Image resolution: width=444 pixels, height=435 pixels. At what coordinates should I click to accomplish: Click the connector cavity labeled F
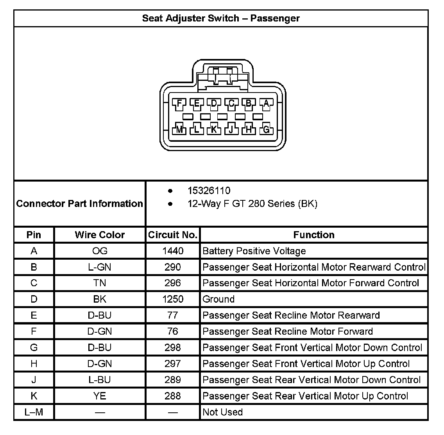(x=179, y=103)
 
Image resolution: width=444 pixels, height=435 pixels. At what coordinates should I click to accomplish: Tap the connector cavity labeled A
(x=266, y=103)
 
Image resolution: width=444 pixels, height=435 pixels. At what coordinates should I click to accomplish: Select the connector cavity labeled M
(x=179, y=129)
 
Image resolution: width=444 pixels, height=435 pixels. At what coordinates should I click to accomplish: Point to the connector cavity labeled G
(x=266, y=129)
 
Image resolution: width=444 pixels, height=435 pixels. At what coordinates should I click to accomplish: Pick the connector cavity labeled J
(x=231, y=129)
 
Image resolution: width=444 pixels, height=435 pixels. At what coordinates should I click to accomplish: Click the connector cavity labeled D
(x=214, y=103)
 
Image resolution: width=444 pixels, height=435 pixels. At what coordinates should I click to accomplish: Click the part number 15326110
(x=209, y=191)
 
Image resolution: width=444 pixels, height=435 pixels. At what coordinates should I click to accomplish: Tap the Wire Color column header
(x=100, y=235)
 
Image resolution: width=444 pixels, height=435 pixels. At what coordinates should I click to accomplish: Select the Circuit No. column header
(x=172, y=235)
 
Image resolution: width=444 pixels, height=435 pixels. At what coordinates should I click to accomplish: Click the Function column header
(x=314, y=235)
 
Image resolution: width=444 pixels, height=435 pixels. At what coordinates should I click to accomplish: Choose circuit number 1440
(x=172, y=251)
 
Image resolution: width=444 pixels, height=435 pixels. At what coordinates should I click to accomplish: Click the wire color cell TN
(x=100, y=283)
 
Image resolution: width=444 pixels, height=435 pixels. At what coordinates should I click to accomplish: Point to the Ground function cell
(x=218, y=299)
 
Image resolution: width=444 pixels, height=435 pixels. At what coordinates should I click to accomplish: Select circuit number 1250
(x=172, y=299)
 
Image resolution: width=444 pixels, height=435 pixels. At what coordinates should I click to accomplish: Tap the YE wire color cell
(x=100, y=396)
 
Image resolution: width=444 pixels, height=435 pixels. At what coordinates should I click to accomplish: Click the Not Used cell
(x=222, y=412)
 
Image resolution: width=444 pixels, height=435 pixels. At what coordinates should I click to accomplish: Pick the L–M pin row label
(x=34, y=412)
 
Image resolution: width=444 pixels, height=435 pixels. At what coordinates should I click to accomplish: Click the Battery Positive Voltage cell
(x=254, y=251)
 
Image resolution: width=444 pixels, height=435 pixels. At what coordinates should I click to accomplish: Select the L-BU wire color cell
(x=100, y=380)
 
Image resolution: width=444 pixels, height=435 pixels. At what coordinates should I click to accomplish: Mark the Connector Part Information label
(x=80, y=203)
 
